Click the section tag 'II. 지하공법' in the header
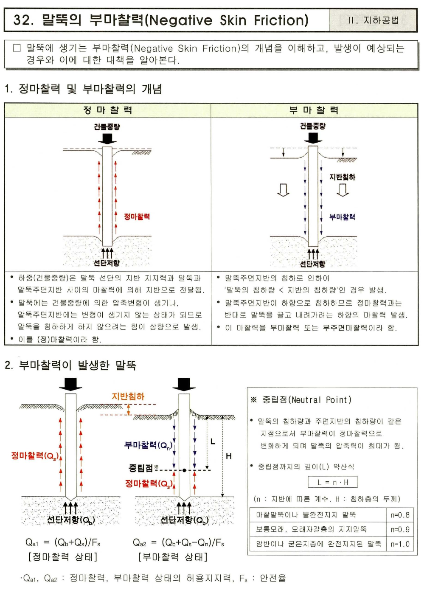tap(373, 20)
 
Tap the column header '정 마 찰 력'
tap(108, 110)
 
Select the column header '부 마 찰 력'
tap(314, 110)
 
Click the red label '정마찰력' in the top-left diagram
tap(137, 217)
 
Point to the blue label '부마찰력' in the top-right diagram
tap(342, 217)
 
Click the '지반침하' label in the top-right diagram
tap(342, 177)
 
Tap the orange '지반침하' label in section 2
tap(128, 396)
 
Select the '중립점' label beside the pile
tap(140, 468)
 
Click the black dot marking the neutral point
tap(185, 470)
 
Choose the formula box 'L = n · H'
tap(333, 482)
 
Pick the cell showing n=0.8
tap(400, 515)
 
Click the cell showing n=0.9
tap(400, 530)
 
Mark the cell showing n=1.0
tap(400, 544)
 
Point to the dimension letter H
tap(229, 456)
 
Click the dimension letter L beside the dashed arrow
tap(213, 442)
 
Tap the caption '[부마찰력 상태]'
tap(173, 557)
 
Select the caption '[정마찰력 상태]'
tap(63, 557)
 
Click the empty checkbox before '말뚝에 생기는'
tap(17, 48)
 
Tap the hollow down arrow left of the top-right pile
tap(283, 190)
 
